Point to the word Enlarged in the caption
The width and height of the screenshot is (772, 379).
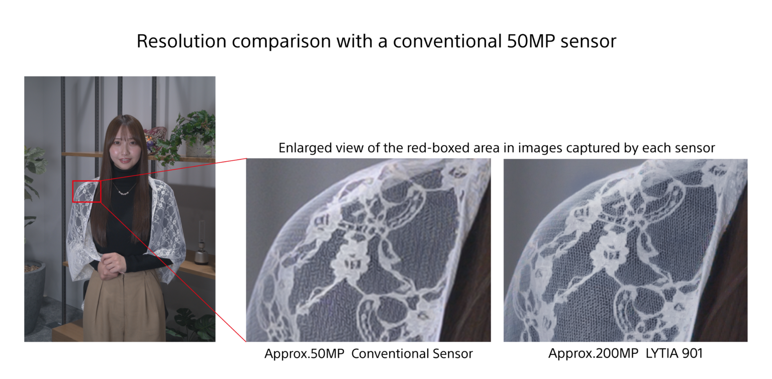point(302,148)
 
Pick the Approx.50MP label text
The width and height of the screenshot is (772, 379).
point(304,354)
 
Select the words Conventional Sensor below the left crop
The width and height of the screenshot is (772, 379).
point(412,354)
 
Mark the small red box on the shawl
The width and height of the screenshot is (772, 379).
point(87,192)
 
